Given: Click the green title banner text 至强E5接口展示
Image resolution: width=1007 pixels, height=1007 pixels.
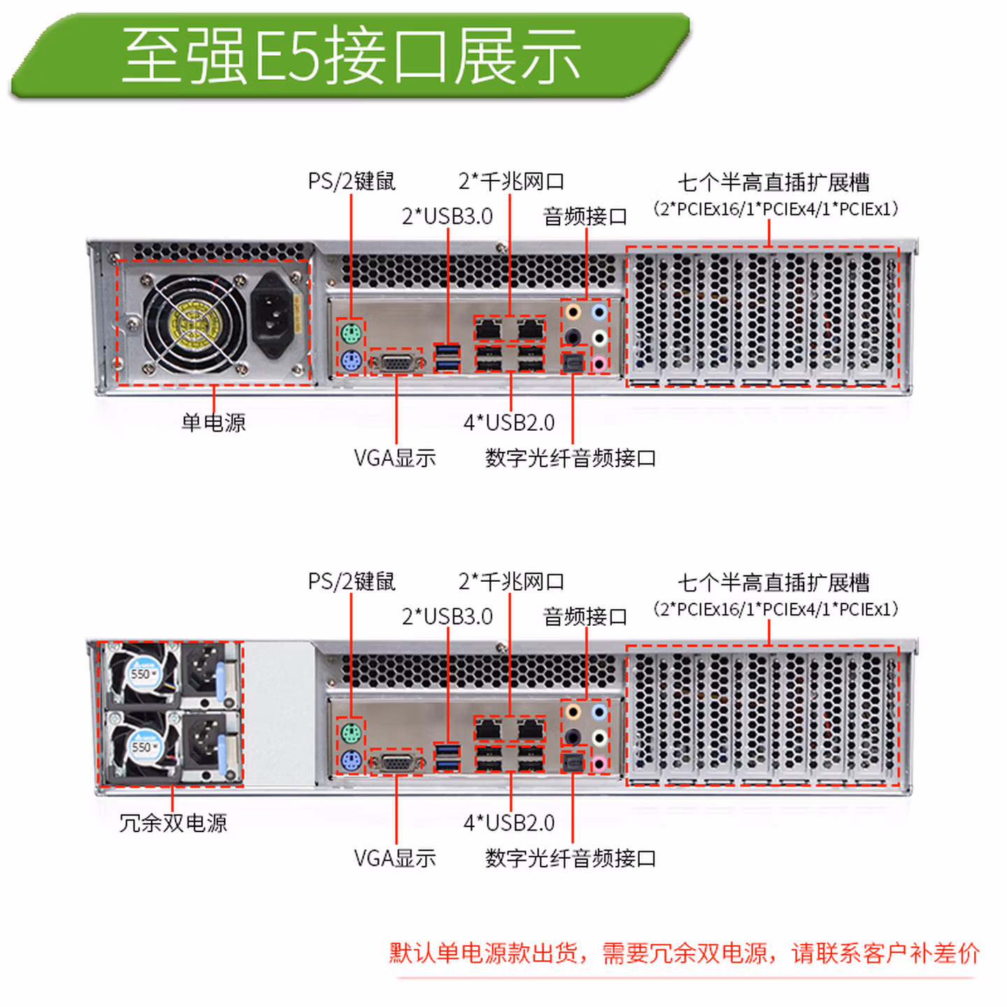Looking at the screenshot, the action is pyautogui.click(x=352, y=56).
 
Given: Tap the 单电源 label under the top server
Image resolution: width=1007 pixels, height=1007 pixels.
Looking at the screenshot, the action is pyautogui.click(x=213, y=422).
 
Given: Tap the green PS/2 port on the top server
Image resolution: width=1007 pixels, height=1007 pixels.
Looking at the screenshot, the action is pyautogui.click(x=351, y=333).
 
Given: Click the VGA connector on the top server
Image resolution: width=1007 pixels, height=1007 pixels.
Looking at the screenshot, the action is pyautogui.click(x=396, y=363).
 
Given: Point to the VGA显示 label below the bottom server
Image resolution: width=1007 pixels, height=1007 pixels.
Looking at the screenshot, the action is pyautogui.click(x=395, y=858).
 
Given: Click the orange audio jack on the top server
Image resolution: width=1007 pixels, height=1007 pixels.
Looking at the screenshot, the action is pyautogui.click(x=573, y=313).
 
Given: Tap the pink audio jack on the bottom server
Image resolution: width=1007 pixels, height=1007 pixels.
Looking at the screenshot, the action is pyautogui.click(x=599, y=764).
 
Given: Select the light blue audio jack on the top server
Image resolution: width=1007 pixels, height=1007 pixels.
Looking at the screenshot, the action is pyautogui.click(x=599, y=313).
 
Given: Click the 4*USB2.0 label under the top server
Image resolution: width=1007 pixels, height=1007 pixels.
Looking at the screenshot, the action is pyautogui.click(x=509, y=422).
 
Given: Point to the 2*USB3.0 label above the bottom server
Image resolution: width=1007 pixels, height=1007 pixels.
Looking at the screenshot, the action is pyautogui.click(x=448, y=617).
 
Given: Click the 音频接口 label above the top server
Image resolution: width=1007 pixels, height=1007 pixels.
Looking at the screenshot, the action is pyautogui.click(x=585, y=216).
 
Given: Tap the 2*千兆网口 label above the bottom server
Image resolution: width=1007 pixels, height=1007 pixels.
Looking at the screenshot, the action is pyautogui.click(x=511, y=582).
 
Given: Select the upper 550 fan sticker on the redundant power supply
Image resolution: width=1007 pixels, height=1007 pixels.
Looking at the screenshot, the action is pyautogui.click(x=142, y=673).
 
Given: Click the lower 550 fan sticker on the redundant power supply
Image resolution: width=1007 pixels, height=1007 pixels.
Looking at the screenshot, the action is pyautogui.click(x=142, y=747).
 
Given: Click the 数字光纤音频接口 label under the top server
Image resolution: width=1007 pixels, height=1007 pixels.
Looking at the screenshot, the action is pyautogui.click(x=571, y=458).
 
